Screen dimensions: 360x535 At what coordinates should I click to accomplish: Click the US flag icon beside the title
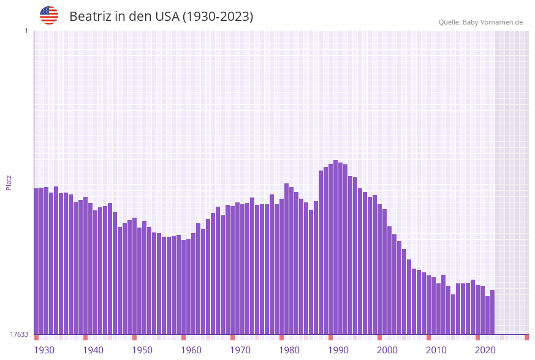pos(49,15)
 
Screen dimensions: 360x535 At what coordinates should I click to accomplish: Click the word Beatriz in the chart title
pos(90,17)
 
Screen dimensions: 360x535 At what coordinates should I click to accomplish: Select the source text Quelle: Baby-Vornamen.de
pos(480,22)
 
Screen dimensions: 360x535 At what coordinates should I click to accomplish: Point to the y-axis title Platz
pos(9,183)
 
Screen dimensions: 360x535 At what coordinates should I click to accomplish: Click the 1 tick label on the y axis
pos(26,31)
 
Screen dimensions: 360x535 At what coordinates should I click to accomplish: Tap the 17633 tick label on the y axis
pos(19,334)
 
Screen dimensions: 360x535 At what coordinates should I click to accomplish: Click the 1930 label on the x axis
pos(44,350)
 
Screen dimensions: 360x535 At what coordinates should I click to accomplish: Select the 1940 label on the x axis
pos(93,350)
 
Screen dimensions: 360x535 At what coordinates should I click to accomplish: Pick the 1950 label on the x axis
pos(142,350)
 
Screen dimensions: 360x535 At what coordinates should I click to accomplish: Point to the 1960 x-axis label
pos(191,350)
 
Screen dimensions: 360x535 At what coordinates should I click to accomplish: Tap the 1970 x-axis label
pos(240,350)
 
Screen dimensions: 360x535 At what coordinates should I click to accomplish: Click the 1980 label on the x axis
pos(289,350)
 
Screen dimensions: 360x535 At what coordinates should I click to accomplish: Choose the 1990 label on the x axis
pos(338,350)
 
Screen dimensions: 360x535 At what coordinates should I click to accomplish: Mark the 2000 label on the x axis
pos(387,350)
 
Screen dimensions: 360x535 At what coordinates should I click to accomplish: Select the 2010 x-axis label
pos(436,350)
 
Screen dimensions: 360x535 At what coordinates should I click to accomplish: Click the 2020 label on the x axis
pos(485,350)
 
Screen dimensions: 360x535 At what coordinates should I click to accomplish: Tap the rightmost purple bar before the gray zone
pos(492,312)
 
